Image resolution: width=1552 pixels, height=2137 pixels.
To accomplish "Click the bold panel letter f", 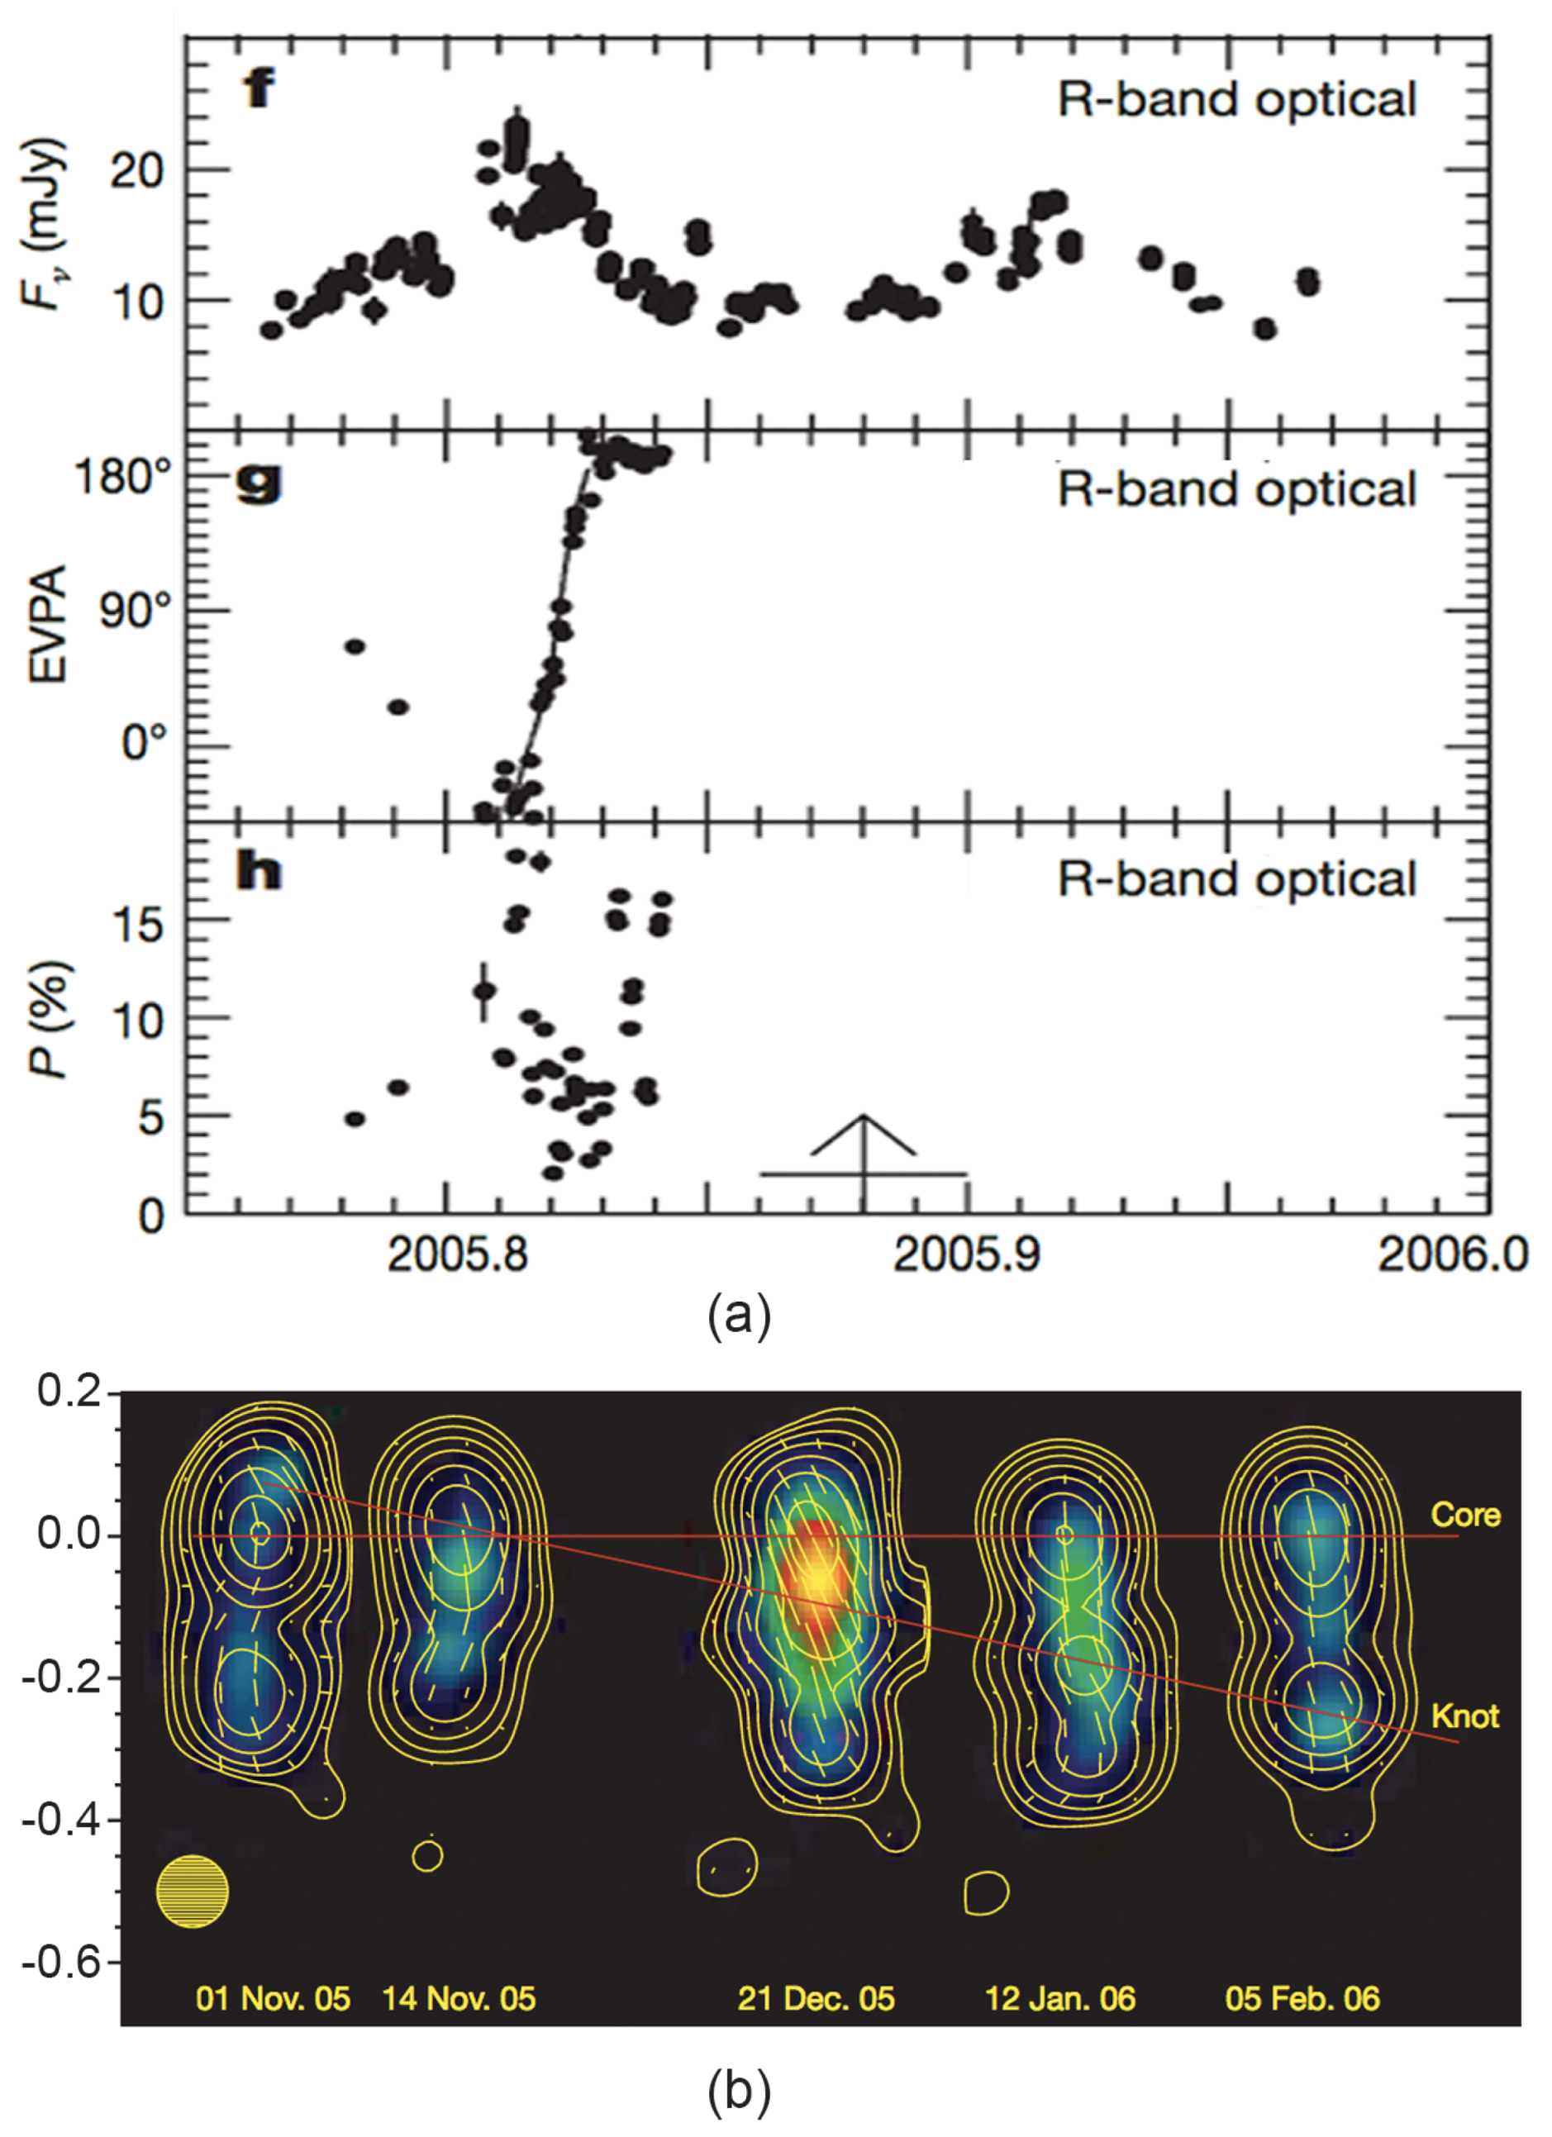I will point(259,89).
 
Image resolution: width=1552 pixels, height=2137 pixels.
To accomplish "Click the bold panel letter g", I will point(258,483).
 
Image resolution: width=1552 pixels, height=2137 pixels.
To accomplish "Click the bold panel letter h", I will point(258,873).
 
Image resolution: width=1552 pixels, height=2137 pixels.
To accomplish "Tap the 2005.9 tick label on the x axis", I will point(967,1255).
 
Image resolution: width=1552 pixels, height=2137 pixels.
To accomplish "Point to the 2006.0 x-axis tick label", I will point(1452,1255).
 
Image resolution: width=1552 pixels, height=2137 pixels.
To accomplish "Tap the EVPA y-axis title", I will point(49,624).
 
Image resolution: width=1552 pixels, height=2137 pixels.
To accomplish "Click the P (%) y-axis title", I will point(49,1020).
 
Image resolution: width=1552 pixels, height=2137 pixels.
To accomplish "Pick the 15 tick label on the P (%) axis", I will point(136,925).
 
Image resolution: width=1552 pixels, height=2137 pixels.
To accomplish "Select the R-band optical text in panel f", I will point(1236,99).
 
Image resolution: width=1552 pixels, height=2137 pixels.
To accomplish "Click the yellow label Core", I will point(1465,1515).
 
